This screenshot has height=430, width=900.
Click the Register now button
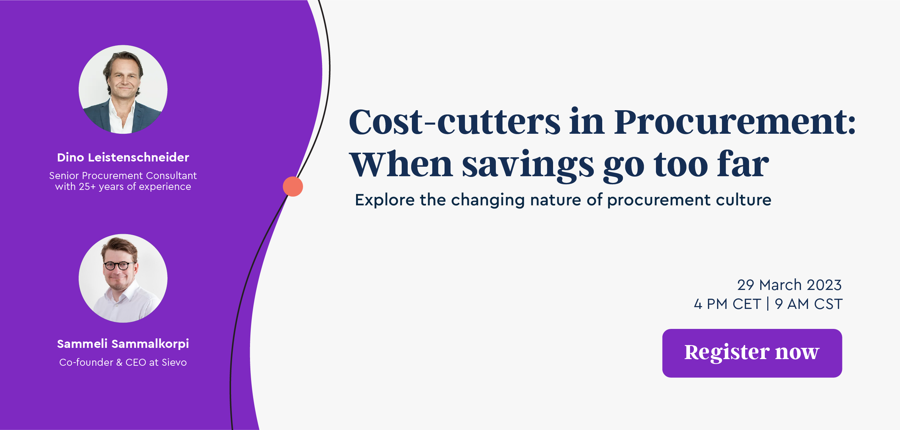[752, 353]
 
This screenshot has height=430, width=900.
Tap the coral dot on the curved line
[293, 186]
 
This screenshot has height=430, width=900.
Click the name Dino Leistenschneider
[123, 157]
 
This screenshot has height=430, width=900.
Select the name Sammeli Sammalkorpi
[123, 344]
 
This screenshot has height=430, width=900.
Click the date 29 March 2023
[789, 285]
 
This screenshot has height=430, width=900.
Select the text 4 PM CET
[727, 304]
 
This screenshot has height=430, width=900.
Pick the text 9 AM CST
[809, 304]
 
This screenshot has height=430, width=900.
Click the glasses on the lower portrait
[117, 265]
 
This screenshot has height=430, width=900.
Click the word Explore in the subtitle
[385, 200]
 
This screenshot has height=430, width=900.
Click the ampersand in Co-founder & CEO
[119, 362]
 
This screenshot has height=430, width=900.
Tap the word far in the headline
[743, 164]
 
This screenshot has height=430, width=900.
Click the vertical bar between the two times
[768, 304]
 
